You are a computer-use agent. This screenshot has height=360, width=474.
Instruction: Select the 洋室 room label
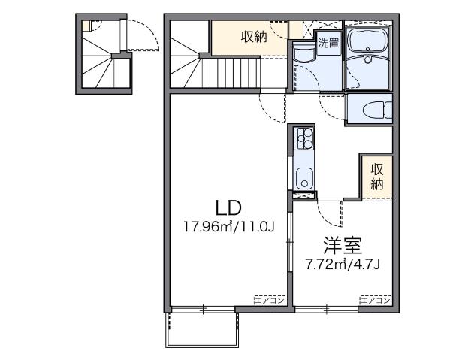[x=343, y=245]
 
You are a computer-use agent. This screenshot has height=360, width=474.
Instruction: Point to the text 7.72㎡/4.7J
[x=343, y=264]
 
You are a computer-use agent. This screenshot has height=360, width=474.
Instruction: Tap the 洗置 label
[x=328, y=43]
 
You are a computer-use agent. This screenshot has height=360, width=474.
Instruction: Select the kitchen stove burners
[x=304, y=138]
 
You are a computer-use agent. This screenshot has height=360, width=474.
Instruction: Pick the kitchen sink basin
[x=304, y=179]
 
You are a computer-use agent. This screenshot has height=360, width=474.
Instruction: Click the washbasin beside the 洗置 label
[x=304, y=55]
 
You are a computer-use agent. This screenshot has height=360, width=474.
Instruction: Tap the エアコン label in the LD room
[x=269, y=300]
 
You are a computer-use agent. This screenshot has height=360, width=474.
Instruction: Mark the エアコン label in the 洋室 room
[x=375, y=300]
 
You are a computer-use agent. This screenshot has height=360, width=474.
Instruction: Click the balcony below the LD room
[x=202, y=328]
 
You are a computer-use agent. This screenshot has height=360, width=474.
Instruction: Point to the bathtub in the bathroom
[x=368, y=41]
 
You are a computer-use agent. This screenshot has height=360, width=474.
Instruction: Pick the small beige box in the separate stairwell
[x=86, y=26]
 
